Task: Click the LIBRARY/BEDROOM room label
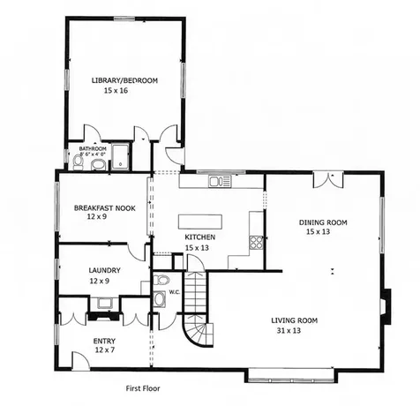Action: (x=124, y=80)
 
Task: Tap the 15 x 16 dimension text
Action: (x=116, y=91)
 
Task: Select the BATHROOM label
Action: (x=93, y=148)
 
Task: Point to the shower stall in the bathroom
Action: (x=120, y=158)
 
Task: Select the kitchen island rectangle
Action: (x=201, y=222)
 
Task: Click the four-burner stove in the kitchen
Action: (x=257, y=241)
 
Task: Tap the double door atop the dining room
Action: (x=326, y=178)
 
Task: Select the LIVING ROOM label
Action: (x=296, y=320)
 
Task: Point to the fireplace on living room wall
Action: (x=386, y=304)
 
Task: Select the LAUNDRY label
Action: (x=104, y=270)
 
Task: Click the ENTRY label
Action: (x=104, y=341)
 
